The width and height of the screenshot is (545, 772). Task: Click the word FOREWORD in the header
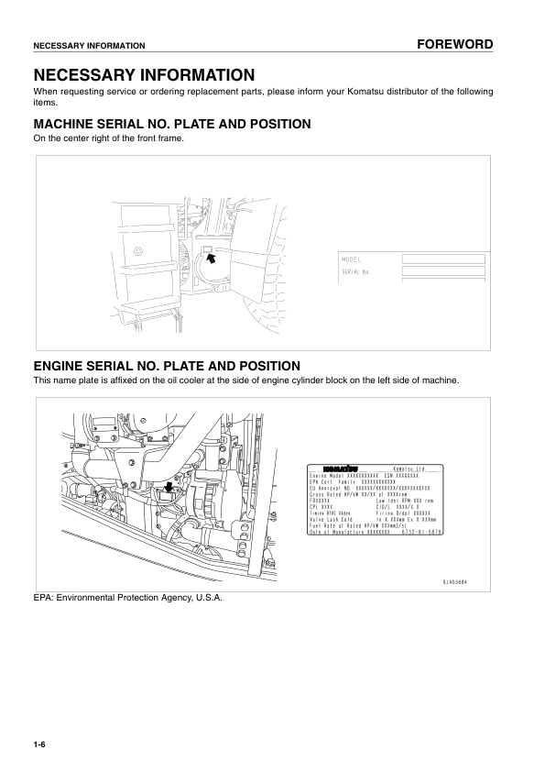tap(454, 44)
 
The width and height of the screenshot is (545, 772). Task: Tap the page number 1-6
tap(39, 744)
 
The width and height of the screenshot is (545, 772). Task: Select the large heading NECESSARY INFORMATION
tap(144, 74)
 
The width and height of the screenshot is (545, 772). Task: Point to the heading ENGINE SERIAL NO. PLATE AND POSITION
tap(167, 365)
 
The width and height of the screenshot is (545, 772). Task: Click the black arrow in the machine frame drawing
tap(212, 259)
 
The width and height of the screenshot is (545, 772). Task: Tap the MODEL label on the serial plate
tap(352, 259)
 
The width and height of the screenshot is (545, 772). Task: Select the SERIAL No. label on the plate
tap(355, 271)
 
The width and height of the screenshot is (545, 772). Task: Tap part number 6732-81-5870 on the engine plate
tap(421, 531)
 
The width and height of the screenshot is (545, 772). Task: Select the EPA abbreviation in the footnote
tap(42, 598)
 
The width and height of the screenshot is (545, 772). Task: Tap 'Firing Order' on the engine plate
tap(393, 513)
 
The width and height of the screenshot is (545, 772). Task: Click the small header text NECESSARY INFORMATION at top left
tap(89, 45)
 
